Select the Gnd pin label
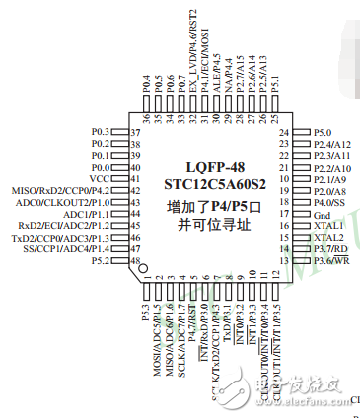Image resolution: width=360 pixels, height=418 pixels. coord(324,214)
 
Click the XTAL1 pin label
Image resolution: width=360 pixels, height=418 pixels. coord(328,226)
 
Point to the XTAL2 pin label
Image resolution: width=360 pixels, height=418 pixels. coord(328,238)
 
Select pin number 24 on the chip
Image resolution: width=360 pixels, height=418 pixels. coord(284,131)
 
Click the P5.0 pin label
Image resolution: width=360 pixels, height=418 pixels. coord(324,131)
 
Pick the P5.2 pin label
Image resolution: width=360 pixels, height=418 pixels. coord(102,261)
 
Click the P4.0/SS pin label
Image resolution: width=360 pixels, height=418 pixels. coord(330,202)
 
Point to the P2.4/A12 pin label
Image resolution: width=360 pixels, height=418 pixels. coord(332,143)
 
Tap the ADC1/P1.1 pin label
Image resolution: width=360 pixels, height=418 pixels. coord(87,214)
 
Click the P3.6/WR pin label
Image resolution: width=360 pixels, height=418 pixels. coord(331,261)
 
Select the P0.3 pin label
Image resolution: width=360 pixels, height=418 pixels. coord(102,131)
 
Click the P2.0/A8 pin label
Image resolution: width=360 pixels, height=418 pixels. coord(330,190)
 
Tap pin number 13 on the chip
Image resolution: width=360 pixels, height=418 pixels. coord(284,261)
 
